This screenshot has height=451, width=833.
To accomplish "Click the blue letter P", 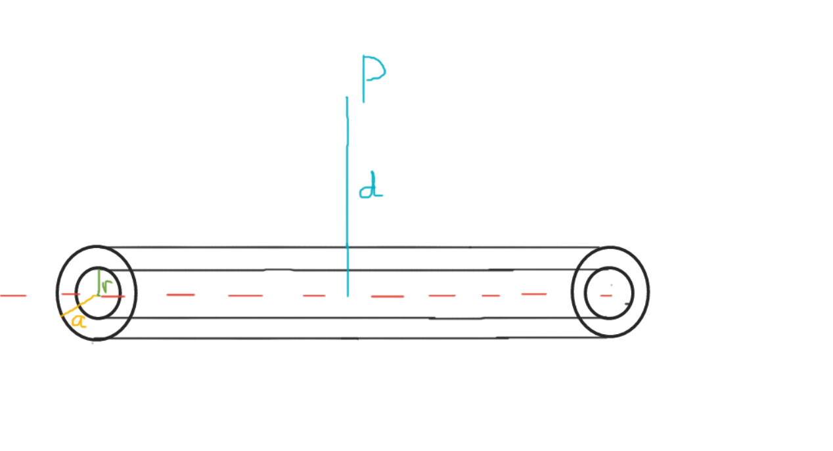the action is pyautogui.click(x=372, y=78).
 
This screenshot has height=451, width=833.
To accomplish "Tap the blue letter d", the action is pyautogui.click(x=371, y=186).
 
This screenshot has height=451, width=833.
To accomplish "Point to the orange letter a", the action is pyautogui.click(x=78, y=321).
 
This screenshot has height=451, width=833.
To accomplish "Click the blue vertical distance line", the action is pyautogui.click(x=348, y=197).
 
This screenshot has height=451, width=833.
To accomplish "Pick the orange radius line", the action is pyautogui.click(x=79, y=306).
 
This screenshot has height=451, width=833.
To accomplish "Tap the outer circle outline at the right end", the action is pyautogui.click(x=648, y=291).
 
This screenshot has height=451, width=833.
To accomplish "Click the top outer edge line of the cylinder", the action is pyautogui.click(x=263, y=247).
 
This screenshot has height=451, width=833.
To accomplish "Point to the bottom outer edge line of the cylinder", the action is pyautogui.click(x=263, y=338).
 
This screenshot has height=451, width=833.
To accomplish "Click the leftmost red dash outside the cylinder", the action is pyautogui.click(x=13, y=295).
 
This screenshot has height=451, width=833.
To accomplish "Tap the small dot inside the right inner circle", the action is pyautogui.click(x=612, y=286).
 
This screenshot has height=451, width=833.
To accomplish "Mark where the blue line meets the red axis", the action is pyautogui.click(x=348, y=295).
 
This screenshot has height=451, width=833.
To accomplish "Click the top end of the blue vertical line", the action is pyautogui.click(x=348, y=98).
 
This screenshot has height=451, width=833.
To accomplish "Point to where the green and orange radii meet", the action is pyautogui.click(x=97, y=295).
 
